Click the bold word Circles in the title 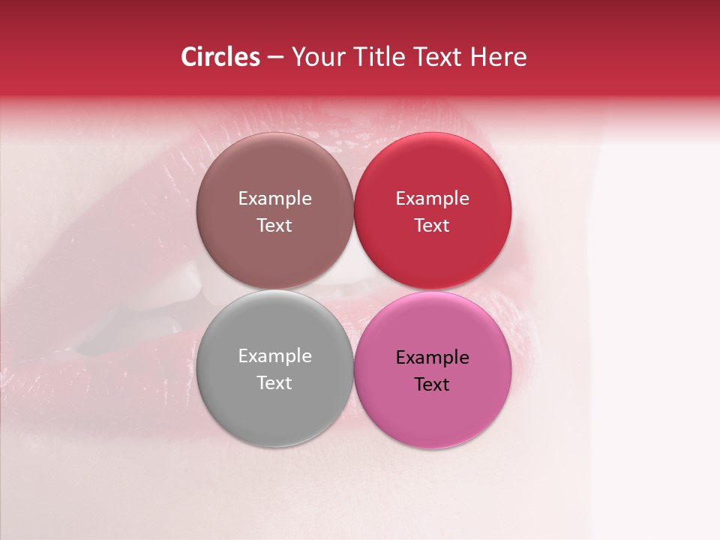(220, 57)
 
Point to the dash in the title (275, 58)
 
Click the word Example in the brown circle (274, 199)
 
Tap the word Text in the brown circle (274, 226)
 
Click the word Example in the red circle (432, 199)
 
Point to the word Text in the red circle (432, 226)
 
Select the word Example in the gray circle (274, 356)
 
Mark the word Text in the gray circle (274, 383)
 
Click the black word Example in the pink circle (432, 358)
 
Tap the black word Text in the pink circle (432, 385)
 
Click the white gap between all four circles (353, 290)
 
